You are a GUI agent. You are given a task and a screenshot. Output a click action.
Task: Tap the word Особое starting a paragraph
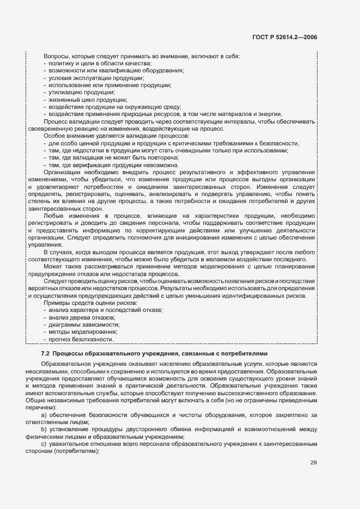pyautogui.click(x=54, y=135)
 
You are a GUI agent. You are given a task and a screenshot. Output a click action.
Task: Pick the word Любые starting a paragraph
pyautogui.click(x=53, y=216)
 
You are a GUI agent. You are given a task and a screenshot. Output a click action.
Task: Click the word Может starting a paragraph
pyautogui.click(x=53, y=267)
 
